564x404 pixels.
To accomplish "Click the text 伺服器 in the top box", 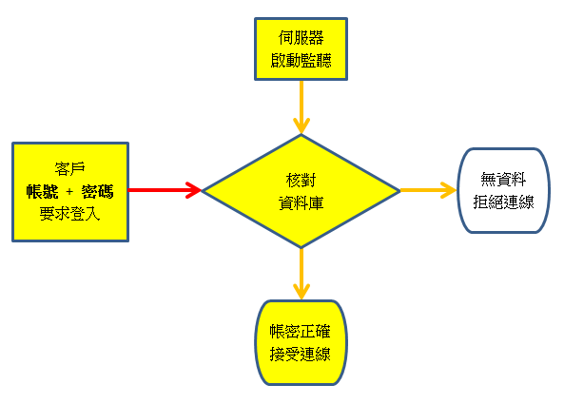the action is click(301, 38).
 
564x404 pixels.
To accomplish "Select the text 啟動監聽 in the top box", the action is click(301, 61).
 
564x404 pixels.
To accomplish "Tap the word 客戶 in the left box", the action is click(69, 168).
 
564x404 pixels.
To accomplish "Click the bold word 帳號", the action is click(42, 191).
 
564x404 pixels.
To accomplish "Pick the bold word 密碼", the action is click(97, 191).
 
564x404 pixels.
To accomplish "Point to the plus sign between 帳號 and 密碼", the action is click(69, 192).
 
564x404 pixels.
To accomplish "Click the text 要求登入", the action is click(69, 214).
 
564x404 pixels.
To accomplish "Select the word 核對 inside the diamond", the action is click(301, 180).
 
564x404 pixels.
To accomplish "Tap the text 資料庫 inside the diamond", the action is click(301, 202).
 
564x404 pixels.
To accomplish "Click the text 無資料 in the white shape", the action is click(503, 180).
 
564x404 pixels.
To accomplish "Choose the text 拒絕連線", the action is click(503, 202).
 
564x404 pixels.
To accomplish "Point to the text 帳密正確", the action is click(300, 332).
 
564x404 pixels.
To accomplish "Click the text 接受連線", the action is click(300, 354).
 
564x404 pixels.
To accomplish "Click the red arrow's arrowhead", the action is click(194, 190).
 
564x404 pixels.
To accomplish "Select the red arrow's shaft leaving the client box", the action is click(157, 190).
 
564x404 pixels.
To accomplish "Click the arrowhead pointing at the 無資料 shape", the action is click(449, 190).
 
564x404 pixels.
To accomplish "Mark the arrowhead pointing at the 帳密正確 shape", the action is click(301, 292).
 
